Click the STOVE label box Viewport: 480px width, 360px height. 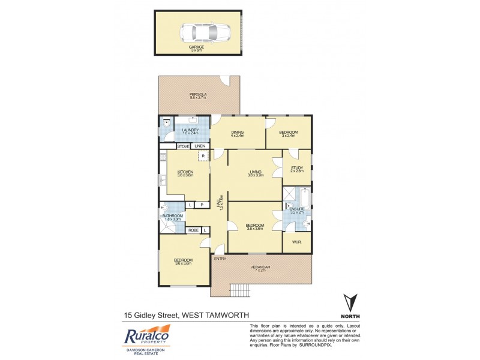click(183, 146)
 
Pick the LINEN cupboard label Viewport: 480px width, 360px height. click(200, 146)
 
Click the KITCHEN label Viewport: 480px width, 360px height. click(185, 172)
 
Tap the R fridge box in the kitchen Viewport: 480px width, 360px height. click(204, 157)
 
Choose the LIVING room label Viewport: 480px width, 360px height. click(255, 173)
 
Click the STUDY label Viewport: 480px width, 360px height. click(297, 169)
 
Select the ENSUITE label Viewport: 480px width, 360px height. click(298, 209)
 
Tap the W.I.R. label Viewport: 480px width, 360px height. click(296, 242)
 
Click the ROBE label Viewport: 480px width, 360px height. click(193, 230)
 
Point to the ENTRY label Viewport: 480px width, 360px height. click(220, 259)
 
